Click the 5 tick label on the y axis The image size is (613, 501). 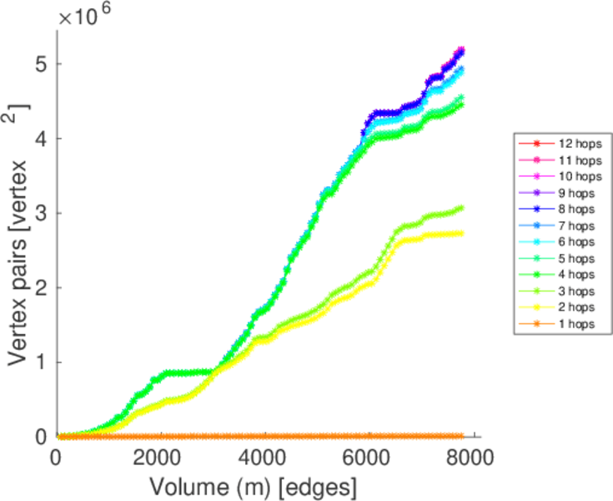point(39,64)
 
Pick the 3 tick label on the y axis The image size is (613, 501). point(39,213)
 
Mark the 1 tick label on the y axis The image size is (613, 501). point(39,362)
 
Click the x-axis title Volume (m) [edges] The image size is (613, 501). point(254,485)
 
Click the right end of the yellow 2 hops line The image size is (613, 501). point(460,233)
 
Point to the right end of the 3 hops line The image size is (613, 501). point(460,208)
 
